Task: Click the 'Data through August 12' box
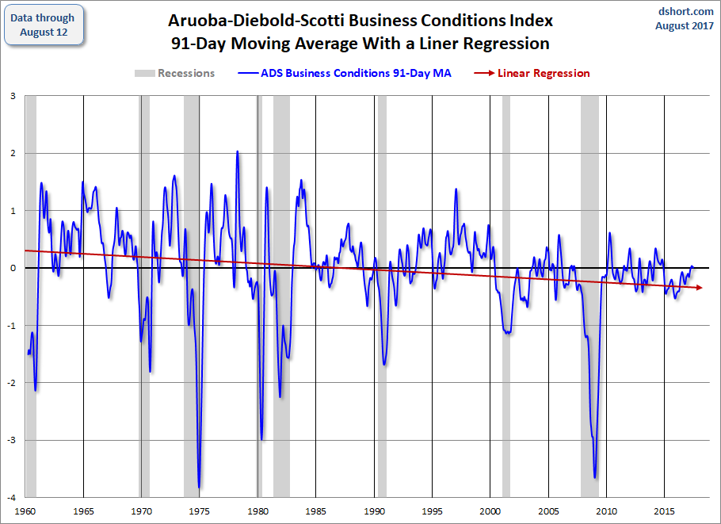click(x=44, y=25)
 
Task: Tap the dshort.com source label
click(x=685, y=11)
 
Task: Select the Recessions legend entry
click(x=174, y=73)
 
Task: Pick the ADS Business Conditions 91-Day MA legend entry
click(x=345, y=73)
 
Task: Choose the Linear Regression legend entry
click(x=532, y=73)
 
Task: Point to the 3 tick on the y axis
click(x=13, y=96)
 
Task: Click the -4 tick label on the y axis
click(x=12, y=497)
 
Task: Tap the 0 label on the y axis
click(x=13, y=268)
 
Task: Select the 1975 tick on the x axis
click(x=199, y=511)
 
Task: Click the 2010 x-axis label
click(x=606, y=511)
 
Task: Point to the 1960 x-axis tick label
click(x=25, y=511)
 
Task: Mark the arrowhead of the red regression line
click(x=700, y=288)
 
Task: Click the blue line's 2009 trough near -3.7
click(x=595, y=477)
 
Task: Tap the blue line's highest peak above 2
click(x=237, y=151)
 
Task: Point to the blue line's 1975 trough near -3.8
click(x=199, y=487)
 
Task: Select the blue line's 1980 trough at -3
click(x=261, y=439)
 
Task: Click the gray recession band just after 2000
click(x=506, y=296)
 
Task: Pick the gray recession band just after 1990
click(x=382, y=296)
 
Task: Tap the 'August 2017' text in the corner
click(x=685, y=25)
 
